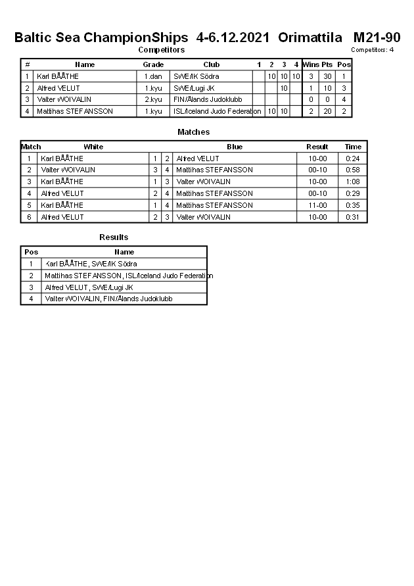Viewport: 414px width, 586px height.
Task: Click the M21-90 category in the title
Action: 376,37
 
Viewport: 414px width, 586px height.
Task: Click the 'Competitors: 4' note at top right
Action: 372,50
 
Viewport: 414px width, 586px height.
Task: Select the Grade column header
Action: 153,64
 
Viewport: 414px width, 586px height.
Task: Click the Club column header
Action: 211,64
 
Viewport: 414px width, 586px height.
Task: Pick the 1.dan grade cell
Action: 153,76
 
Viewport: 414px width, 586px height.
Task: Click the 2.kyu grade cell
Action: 153,100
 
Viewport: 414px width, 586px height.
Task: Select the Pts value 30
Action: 327,76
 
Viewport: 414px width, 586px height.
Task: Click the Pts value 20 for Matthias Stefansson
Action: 327,112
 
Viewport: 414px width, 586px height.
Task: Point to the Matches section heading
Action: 193,132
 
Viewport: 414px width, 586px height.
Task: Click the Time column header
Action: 353,147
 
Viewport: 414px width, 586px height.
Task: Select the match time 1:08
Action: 353,182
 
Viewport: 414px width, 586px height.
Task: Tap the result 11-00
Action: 317,205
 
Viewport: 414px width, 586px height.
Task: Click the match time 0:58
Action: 353,170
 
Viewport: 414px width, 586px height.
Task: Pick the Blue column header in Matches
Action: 235,147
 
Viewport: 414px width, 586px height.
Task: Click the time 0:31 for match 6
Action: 353,217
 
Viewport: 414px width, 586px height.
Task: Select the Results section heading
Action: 114,237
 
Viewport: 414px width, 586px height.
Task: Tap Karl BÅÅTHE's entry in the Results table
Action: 91,264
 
